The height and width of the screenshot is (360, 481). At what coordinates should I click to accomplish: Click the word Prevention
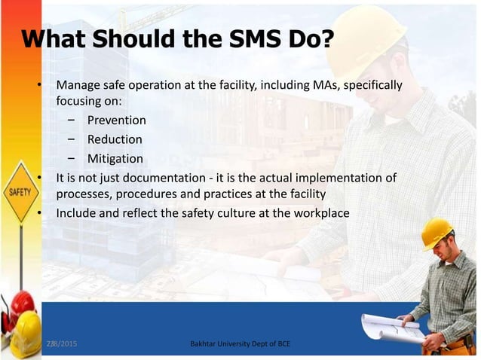[116, 120]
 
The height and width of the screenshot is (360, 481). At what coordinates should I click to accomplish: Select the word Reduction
[115, 139]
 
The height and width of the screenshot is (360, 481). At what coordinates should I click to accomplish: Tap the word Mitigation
[115, 158]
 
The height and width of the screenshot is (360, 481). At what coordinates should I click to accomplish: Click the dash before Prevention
[70, 120]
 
